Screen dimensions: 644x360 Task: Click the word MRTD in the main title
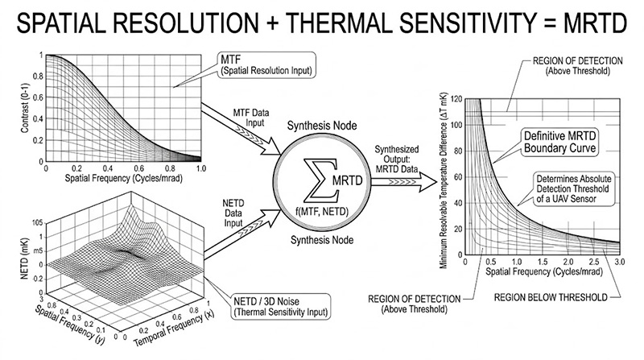click(x=595, y=23)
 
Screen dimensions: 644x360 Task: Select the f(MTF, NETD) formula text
click(x=321, y=211)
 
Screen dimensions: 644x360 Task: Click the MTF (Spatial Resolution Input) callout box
click(x=266, y=65)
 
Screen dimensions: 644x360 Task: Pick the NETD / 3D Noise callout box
click(x=281, y=306)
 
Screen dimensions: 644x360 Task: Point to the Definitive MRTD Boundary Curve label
click(x=559, y=142)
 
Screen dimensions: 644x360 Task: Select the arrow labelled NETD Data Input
click(x=243, y=234)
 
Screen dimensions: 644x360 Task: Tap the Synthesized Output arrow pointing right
click(x=404, y=181)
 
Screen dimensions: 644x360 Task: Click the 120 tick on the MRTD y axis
click(x=456, y=99)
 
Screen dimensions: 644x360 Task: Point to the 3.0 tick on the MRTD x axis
click(x=619, y=262)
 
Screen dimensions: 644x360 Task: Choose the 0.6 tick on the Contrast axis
click(x=38, y=97)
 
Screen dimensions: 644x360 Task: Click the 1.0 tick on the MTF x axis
click(x=200, y=168)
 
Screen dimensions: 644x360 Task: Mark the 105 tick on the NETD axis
click(x=37, y=223)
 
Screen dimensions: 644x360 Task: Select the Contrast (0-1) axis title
click(x=25, y=109)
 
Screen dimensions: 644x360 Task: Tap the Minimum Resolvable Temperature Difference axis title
click(x=444, y=181)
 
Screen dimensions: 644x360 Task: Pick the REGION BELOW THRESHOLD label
click(x=551, y=297)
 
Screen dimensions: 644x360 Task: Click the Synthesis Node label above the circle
click(x=322, y=126)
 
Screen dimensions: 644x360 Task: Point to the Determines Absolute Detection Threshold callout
click(x=574, y=189)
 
